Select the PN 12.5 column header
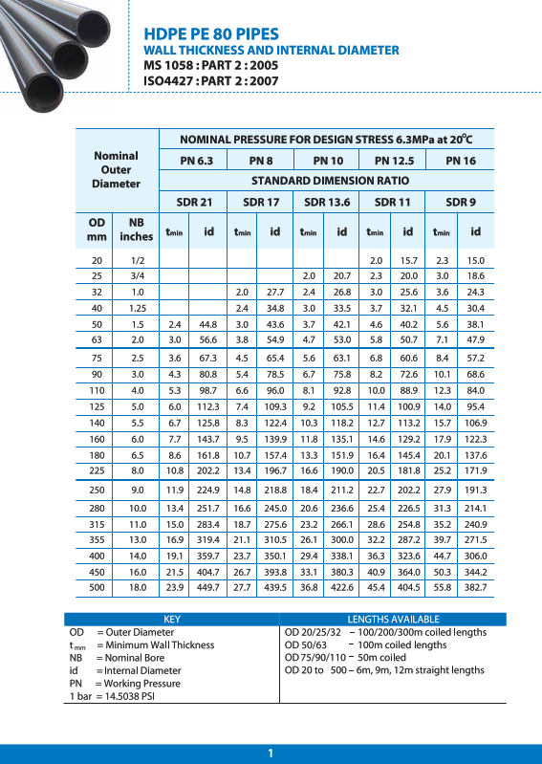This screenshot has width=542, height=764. tap(394, 161)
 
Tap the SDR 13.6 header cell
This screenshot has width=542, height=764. tap(327, 202)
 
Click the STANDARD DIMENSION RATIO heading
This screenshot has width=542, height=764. tap(330, 181)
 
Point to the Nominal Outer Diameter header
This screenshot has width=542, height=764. tap(116, 169)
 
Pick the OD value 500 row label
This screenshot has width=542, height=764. tap(97, 587)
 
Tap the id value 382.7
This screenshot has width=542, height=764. tap(475, 587)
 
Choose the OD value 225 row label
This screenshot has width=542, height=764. tap(97, 470)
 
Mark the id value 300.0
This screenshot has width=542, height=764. tap(341, 537)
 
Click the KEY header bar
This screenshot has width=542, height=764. tap(172, 620)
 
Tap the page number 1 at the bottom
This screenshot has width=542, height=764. tap(271, 753)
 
